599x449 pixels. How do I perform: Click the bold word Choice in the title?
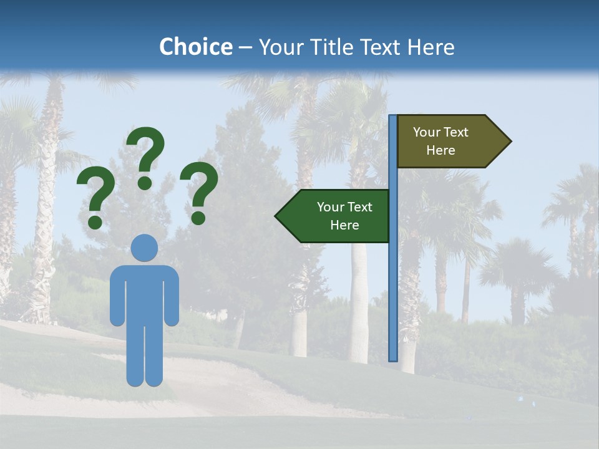195,47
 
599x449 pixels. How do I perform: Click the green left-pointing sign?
337,216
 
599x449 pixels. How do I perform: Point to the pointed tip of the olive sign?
509,142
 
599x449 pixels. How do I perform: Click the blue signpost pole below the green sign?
393,299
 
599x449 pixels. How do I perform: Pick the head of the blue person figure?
144,248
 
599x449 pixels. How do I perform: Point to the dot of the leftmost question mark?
95,222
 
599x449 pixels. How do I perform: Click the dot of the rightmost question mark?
198,217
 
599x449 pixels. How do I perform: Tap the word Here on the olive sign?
441,150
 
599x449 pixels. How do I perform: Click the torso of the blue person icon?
144,293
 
